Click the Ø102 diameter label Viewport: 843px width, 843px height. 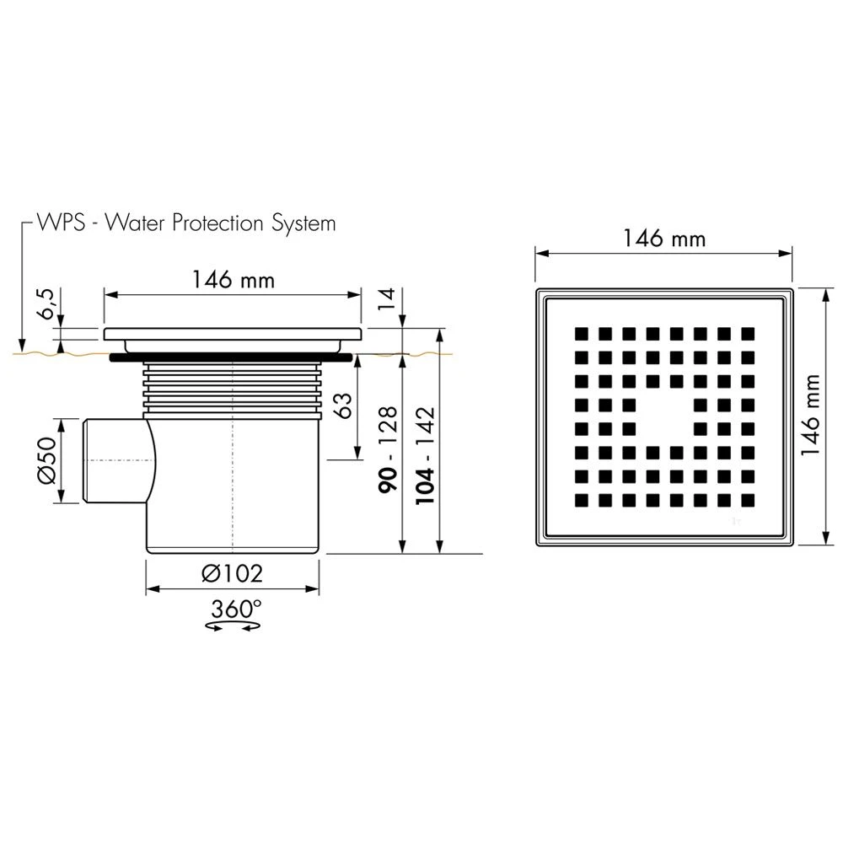(x=233, y=573)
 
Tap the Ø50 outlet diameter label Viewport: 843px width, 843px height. (x=46, y=460)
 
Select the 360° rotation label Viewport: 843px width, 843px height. (x=236, y=609)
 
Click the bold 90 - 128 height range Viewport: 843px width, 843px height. (x=388, y=449)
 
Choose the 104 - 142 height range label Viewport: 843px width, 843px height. (x=425, y=455)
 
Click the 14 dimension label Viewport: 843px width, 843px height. (x=386, y=299)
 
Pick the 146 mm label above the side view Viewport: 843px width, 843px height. (x=234, y=280)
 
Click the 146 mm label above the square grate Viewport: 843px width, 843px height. (x=664, y=239)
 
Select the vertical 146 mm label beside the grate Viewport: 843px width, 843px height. (x=811, y=415)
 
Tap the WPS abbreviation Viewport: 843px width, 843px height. (x=61, y=222)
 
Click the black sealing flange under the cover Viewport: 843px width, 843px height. (x=232, y=357)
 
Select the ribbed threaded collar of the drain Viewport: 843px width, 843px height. (x=233, y=389)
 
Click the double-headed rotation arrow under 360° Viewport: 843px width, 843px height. (x=234, y=626)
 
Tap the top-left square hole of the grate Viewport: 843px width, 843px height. (x=581, y=334)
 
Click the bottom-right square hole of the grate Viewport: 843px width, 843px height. (x=748, y=501)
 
